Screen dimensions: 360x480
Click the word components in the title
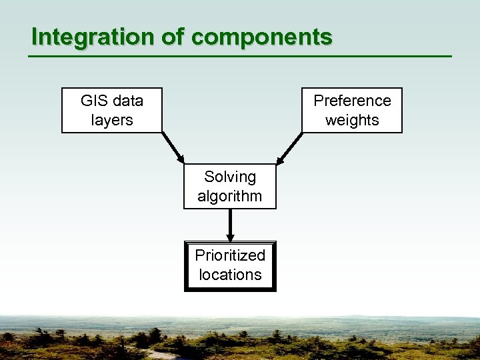tap(261, 37)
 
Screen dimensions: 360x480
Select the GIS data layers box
tap(112, 111)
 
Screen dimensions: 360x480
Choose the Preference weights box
tap(352, 111)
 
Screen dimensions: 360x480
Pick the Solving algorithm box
tap(230, 187)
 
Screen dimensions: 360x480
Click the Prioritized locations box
tap(230, 265)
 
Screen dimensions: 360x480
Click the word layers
tap(112, 121)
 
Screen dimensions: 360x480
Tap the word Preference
tap(352, 101)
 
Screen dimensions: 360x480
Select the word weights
tap(352, 121)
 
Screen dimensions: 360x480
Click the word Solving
tap(230, 177)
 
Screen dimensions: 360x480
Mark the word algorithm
tap(230, 197)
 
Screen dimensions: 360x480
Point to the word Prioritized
tap(230, 255)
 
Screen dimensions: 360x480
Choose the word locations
tap(230, 275)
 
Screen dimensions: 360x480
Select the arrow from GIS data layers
tap(173, 148)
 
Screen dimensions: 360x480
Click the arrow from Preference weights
tap(289, 148)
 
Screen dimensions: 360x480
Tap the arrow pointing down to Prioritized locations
tap(230, 225)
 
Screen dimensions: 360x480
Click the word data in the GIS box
tap(128, 101)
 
